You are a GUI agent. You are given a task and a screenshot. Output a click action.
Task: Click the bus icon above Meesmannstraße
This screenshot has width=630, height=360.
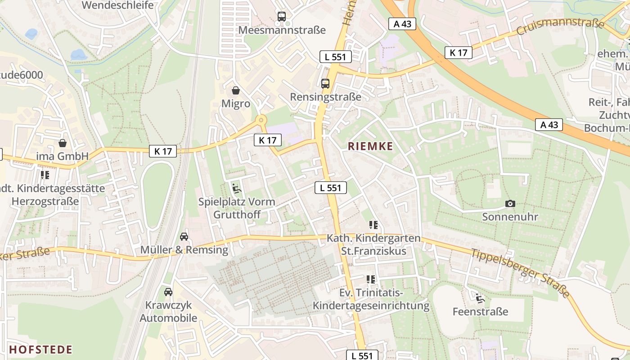282,17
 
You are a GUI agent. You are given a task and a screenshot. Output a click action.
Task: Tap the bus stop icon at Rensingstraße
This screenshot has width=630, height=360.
325,83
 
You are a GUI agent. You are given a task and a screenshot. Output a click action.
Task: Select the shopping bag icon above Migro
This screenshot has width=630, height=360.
235,90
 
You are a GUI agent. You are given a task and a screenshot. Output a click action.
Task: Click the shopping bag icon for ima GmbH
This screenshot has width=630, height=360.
63,143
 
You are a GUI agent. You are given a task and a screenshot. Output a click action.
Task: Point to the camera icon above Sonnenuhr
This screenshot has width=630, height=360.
510,204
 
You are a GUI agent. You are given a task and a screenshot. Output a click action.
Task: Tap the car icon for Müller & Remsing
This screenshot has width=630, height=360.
184,236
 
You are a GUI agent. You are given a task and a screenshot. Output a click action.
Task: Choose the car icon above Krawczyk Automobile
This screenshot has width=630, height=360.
168,292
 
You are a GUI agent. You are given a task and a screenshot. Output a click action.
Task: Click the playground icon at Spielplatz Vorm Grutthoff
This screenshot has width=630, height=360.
237,188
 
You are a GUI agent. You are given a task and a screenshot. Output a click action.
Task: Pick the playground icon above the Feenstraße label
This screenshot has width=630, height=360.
480,298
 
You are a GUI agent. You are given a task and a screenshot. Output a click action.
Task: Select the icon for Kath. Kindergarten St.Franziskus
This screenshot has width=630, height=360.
373,225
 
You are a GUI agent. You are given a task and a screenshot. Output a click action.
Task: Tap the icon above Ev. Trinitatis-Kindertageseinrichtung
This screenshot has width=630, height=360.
371,279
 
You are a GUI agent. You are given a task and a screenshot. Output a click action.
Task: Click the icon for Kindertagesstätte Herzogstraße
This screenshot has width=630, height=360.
45,175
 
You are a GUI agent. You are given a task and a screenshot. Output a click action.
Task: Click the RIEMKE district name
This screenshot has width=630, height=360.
370,146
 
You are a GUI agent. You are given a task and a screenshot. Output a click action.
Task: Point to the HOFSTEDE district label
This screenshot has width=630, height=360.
40,350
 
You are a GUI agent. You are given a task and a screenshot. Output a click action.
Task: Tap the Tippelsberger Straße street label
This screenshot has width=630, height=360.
520,273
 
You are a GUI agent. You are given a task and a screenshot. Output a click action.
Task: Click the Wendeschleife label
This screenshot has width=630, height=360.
117,5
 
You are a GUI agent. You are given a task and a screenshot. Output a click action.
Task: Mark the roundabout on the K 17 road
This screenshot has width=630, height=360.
260,120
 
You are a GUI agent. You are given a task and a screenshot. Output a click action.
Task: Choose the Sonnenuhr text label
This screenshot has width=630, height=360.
510,217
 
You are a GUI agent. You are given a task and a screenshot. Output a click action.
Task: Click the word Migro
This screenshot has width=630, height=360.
235,103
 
